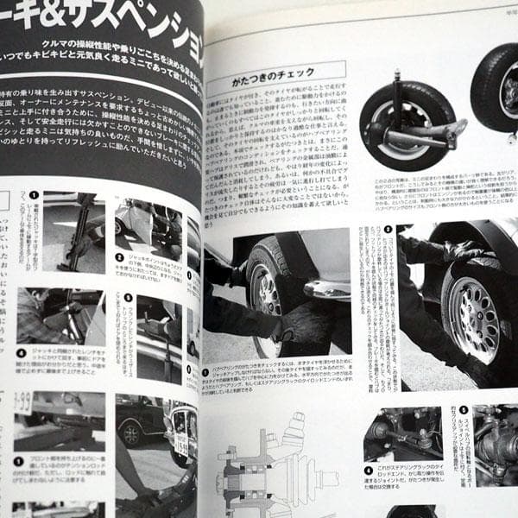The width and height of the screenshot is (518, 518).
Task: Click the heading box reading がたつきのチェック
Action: [x=275, y=75]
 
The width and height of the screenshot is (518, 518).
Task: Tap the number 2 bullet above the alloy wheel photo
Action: [x=388, y=231]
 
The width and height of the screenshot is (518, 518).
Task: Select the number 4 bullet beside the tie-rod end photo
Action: [x=369, y=471]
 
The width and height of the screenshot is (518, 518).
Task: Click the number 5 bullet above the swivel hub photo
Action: [x=463, y=411]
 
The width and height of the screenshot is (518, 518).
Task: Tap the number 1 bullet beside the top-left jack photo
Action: [x=34, y=196]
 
